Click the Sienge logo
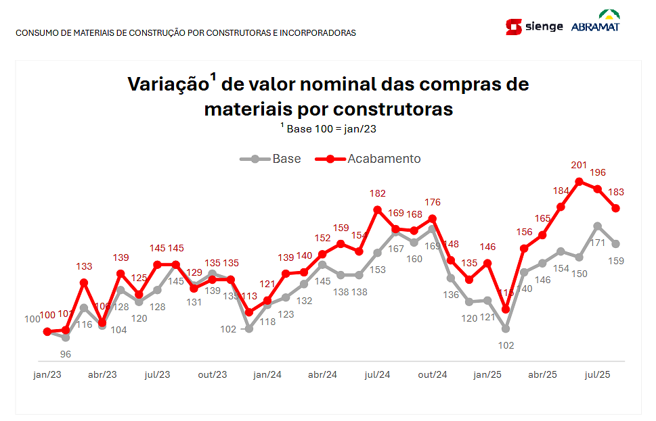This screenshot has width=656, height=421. pyautogui.click(x=534, y=27)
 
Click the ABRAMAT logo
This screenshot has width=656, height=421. pyautogui.click(x=595, y=22)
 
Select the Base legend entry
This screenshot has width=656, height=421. pyautogui.click(x=271, y=159)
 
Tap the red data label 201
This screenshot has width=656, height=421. pyautogui.click(x=579, y=165)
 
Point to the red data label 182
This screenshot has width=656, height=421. pyautogui.click(x=378, y=193)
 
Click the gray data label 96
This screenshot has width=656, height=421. pyautogui.click(x=66, y=353)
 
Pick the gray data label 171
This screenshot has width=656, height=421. pyautogui.click(x=598, y=242)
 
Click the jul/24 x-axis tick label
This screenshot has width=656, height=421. pyautogui.click(x=377, y=374)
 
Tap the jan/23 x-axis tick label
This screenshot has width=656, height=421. pyautogui.click(x=47, y=374)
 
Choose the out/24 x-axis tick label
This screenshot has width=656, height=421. pyautogui.click(x=432, y=374)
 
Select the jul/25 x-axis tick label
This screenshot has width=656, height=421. pyautogui.click(x=598, y=374)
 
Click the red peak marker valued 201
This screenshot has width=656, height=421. pyautogui.click(x=580, y=181)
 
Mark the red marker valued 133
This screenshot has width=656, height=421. pyautogui.click(x=84, y=282)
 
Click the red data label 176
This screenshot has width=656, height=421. pyautogui.click(x=433, y=202)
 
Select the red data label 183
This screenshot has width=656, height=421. pyautogui.click(x=616, y=192)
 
